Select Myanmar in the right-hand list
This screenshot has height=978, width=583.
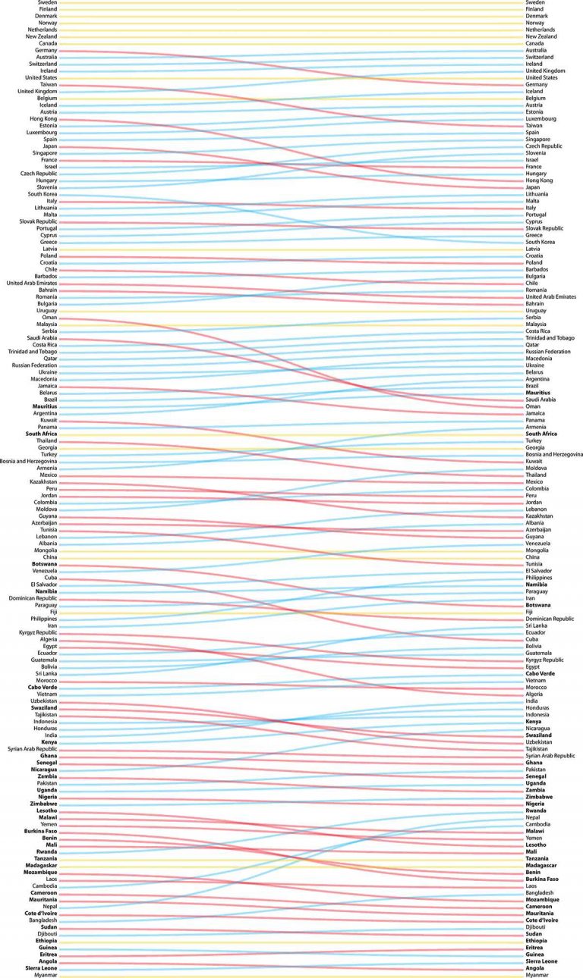537,974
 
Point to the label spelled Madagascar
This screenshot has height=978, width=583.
544,865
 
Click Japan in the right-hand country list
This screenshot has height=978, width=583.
534,187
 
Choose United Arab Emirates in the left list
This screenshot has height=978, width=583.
31,283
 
